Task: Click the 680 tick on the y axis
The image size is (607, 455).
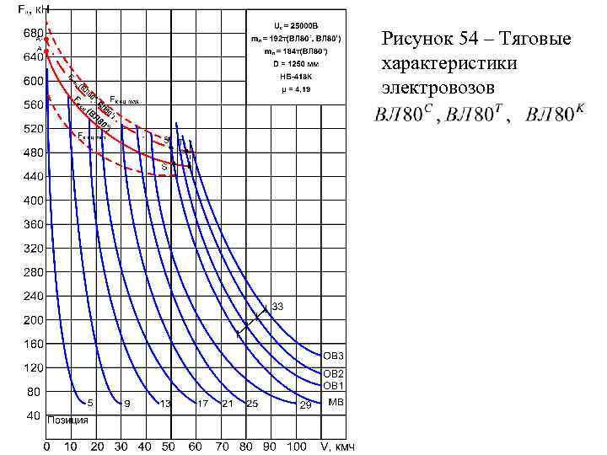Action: click(33, 33)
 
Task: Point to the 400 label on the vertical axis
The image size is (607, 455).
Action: click(33, 201)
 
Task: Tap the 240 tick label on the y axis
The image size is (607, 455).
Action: click(33, 296)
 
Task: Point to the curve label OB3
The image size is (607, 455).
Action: click(334, 356)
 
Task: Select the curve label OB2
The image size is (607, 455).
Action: click(334, 372)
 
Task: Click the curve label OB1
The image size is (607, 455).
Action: click(334, 385)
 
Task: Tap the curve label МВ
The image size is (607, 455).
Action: click(335, 402)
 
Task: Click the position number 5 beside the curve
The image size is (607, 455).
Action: click(90, 404)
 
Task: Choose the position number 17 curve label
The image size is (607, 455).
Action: click(202, 404)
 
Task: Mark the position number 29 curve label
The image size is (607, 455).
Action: click(305, 405)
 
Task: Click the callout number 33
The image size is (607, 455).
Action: click(277, 305)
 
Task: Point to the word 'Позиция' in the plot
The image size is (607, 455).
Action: click(68, 420)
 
